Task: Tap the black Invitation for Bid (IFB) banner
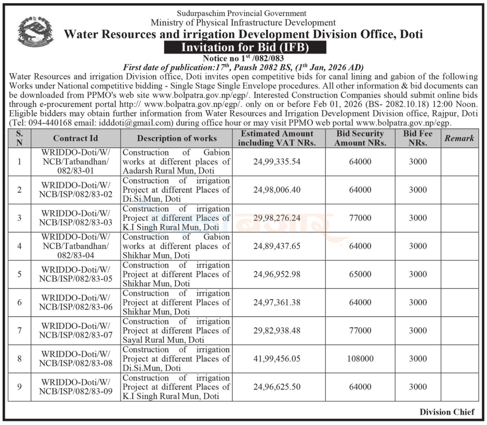tap(245, 48)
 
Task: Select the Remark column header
tap(458, 138)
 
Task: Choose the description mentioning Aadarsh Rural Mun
tap(176, 162)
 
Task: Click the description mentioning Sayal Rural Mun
tap(176, 330)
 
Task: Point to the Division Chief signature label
tap(447, 412)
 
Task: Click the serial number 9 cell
tap(20, 387)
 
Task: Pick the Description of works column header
tap(177, 138)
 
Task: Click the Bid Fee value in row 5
tap(417, 274)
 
